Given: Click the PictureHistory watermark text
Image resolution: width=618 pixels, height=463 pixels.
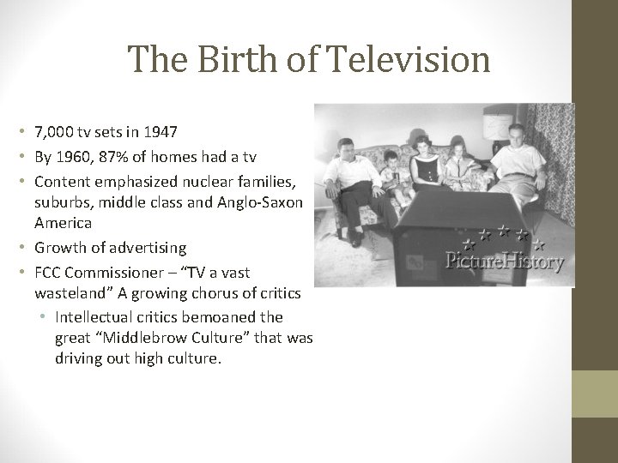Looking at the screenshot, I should coord(504,260).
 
